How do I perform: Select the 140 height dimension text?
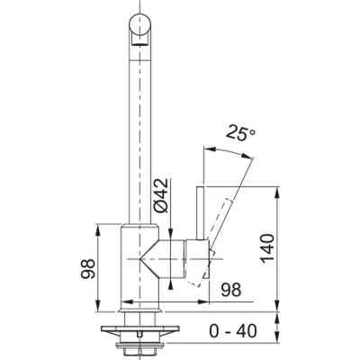[x=267, y=249]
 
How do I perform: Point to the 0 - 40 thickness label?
[x=233, y=331]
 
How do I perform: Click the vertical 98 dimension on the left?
[x=88, y=268]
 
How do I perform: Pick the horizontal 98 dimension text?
[x=231, y=290]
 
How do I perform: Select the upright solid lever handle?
[x=200, y=213]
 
